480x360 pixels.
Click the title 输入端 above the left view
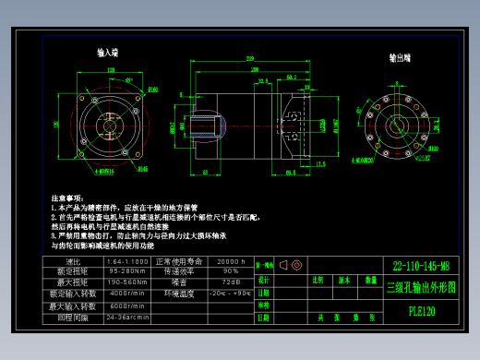(114, 54)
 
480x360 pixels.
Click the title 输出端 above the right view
(400, 57)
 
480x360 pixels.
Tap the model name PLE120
(421, 311)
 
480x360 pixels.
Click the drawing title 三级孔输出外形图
(421, 287)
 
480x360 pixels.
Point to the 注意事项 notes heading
(66, 198)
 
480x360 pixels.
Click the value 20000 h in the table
(230, 261)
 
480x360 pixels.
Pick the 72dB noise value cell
(230, 282)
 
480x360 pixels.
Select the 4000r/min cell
(126, 293)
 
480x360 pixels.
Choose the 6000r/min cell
(126, 306)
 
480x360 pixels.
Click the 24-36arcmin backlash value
(128, 318)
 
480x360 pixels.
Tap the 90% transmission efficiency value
(230, 271)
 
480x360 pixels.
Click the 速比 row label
(75, 261)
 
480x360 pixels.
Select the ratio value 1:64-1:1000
(127, 261)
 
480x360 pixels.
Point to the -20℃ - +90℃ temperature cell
(230, 293)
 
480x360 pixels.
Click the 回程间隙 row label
(75, 318)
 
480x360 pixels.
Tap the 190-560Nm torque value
(127, 282)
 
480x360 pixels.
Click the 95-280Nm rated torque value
(127, 271)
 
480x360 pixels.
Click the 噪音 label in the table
(180, 282)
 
